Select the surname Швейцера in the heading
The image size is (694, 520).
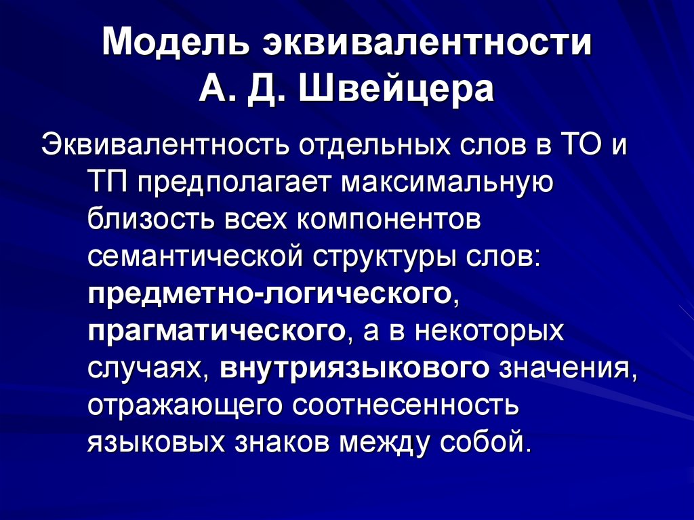pos(401,89)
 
